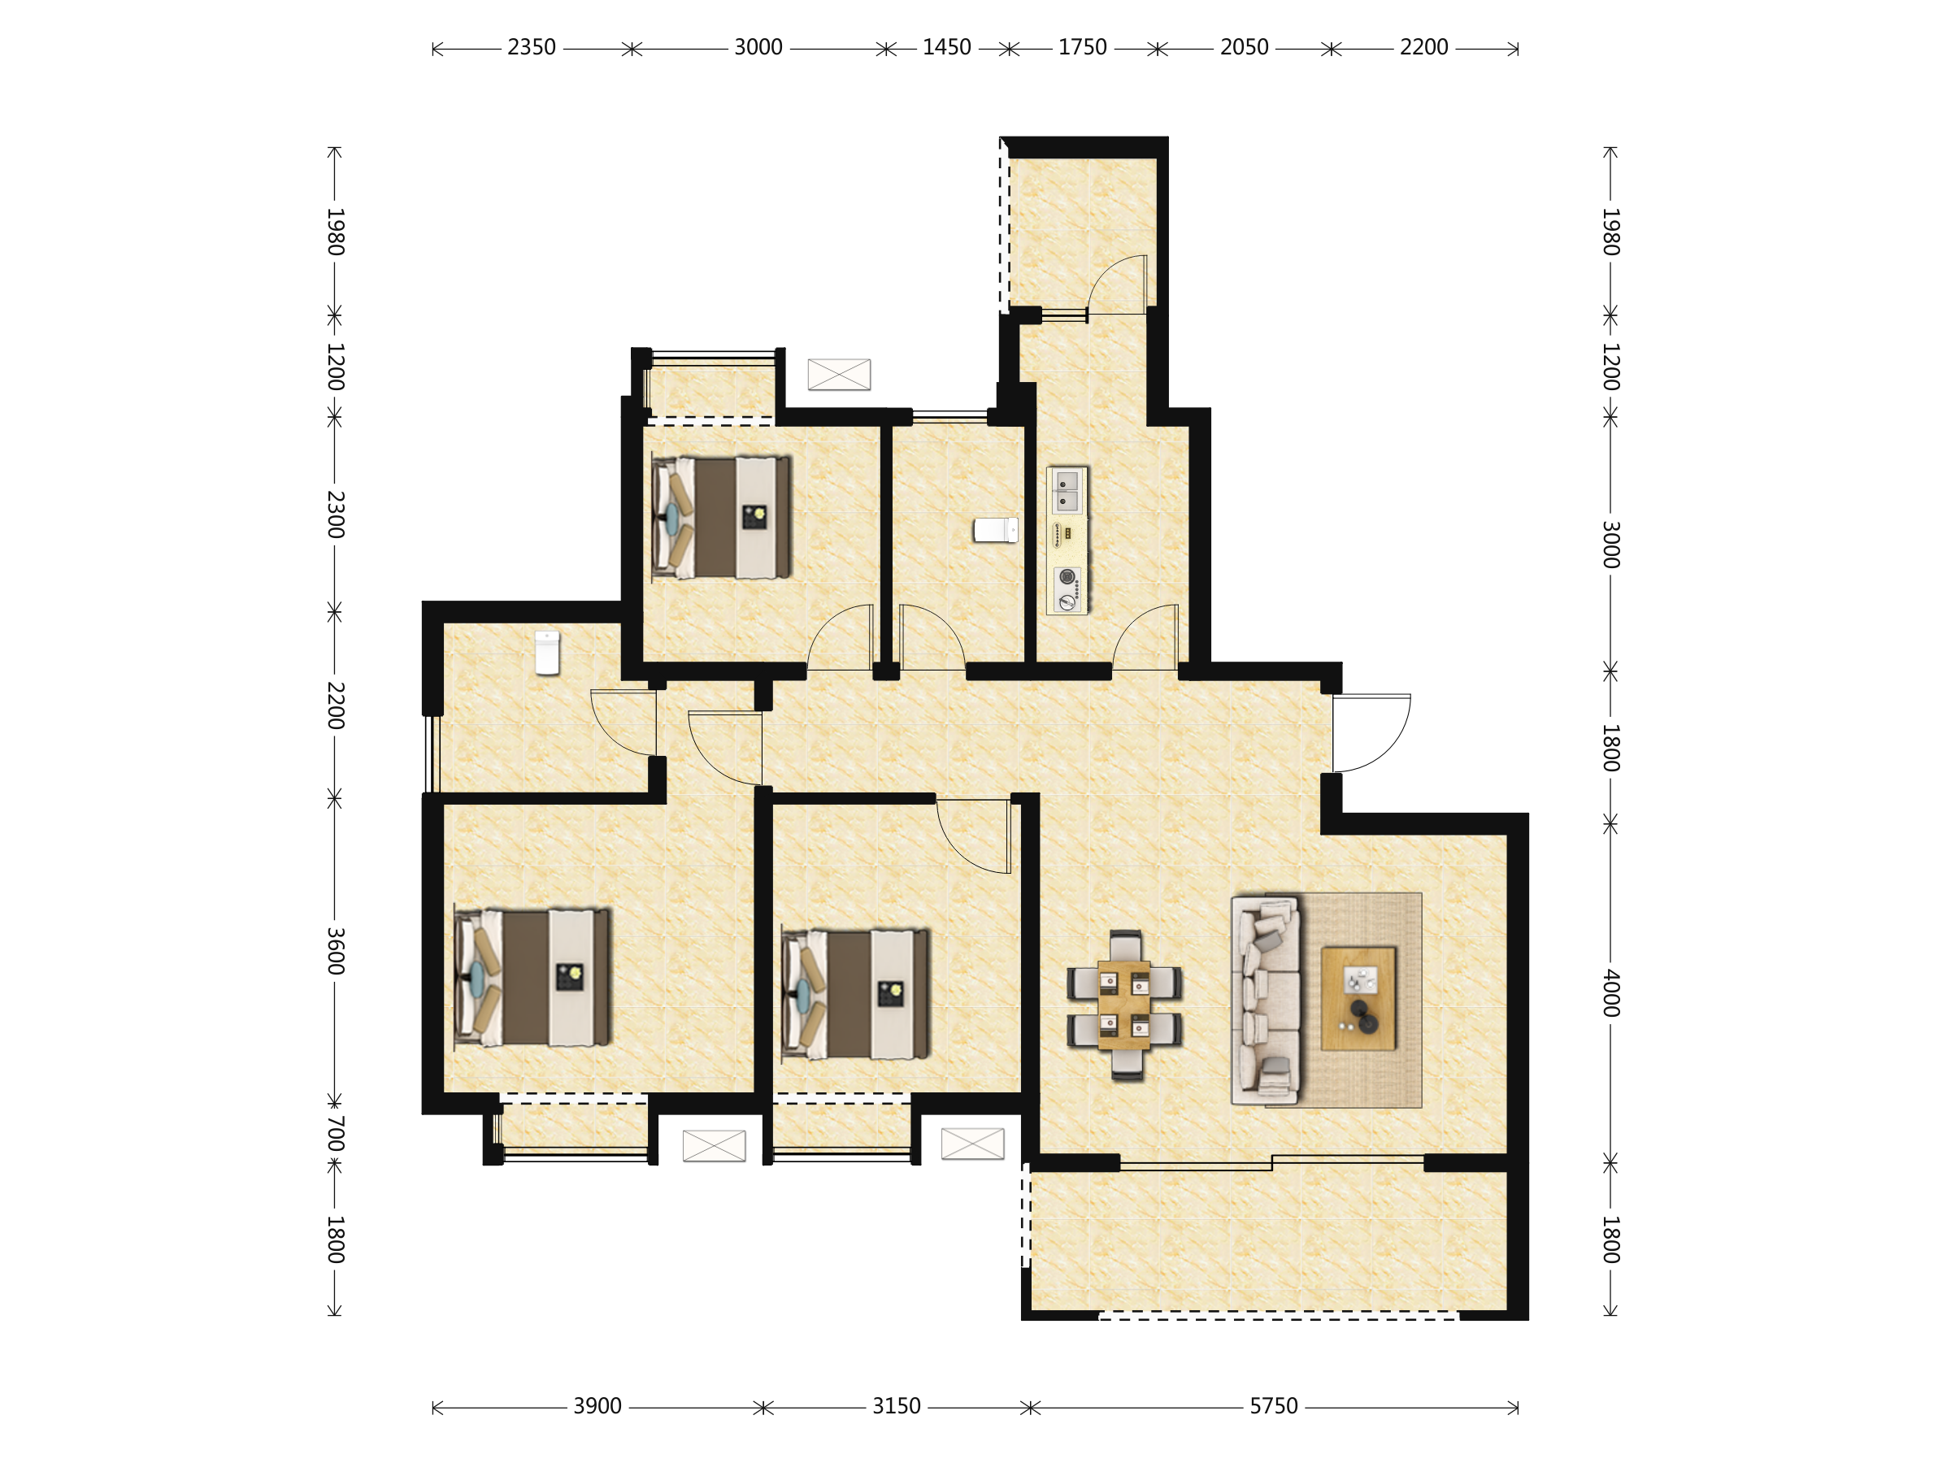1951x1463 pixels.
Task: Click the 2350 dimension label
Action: pos(531,48)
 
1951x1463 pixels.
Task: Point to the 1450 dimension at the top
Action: pos(946,48)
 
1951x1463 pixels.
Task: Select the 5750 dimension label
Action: pos(1274,1405)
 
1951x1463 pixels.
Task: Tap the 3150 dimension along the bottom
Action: pos(896,1405)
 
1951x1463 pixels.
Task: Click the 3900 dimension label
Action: pos(597,1405)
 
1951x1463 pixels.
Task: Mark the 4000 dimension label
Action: pos(1610,993)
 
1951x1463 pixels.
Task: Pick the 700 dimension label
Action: pos(335,1134)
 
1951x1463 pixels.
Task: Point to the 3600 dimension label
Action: pos(335,951)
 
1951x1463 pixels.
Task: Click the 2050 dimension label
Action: pos(1244,48)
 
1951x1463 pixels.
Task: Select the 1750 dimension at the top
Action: pos(1082,48)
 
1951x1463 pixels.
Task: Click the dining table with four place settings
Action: pos(1123,1005)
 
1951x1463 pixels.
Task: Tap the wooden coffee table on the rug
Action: pos(1358,999)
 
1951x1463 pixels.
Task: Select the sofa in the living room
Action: pos(1266,1000)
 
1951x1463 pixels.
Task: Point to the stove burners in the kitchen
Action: pos(1068,589)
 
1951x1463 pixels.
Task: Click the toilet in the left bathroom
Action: pos(548,653)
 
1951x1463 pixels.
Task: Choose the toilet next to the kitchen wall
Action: pos(996,530)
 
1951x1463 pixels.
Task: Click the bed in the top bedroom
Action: pos(720,518)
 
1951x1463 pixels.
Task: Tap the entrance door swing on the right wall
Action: pos(1371,733)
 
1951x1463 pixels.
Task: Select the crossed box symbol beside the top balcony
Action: pos(839,374)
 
